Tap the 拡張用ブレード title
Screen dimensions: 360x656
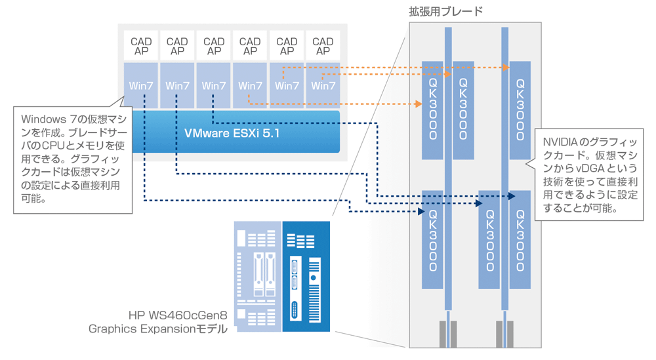point(445,11)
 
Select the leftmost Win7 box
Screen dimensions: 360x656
point(141,85)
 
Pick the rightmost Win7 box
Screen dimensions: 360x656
point(323,85)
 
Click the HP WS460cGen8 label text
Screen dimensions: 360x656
point(178,316)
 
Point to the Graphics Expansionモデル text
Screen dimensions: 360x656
point(157,329)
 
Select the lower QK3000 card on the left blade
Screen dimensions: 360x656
point(433,239)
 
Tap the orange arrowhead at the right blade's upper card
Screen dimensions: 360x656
point(507,68)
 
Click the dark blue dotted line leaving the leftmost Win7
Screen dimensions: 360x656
point(143,151)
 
